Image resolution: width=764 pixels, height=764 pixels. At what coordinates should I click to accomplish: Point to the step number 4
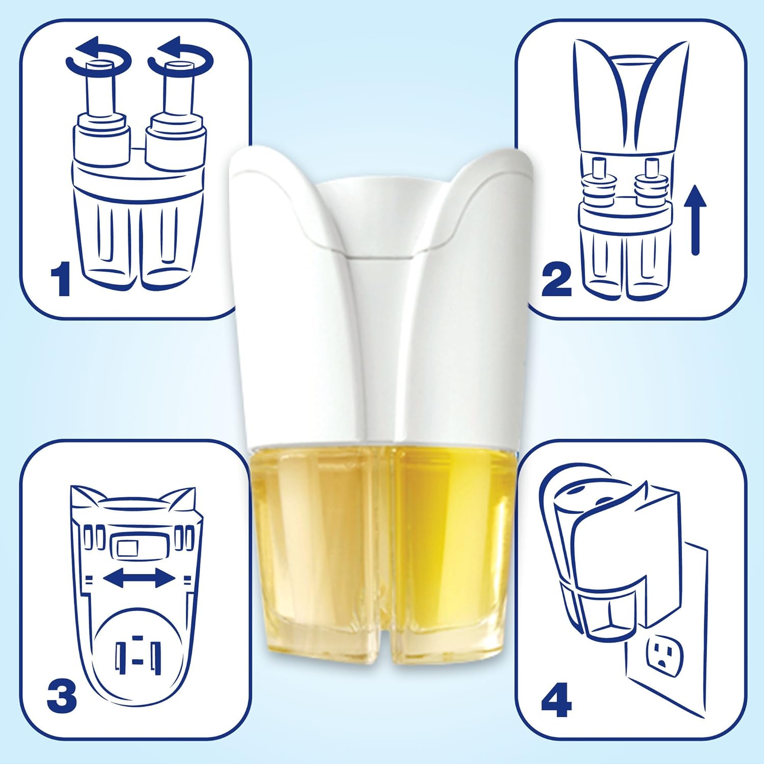tap(556, 698)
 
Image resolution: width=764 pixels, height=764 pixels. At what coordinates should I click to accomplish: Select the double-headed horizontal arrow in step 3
tap(139, 578)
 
